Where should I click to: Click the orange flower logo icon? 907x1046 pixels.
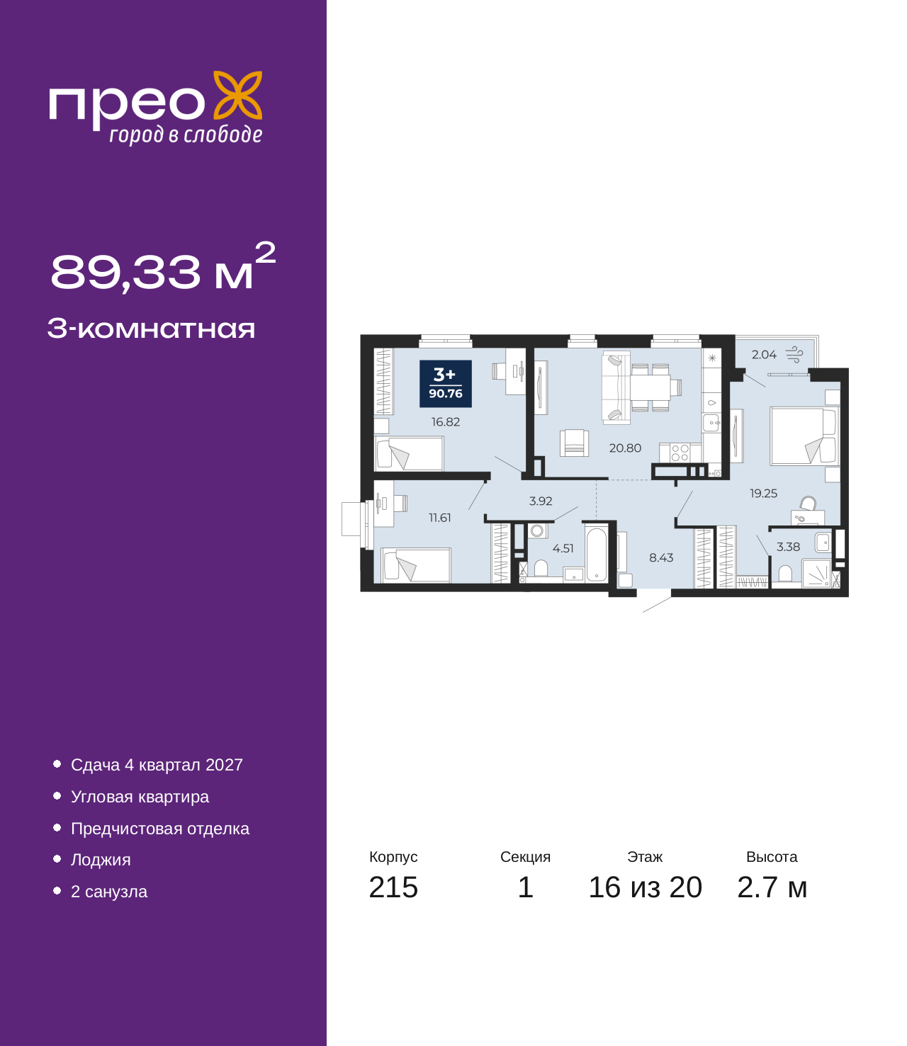(x=237, y=96)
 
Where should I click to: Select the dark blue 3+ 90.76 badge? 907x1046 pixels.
(x=446, y=384)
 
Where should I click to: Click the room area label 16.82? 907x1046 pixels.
(x=446, y=422)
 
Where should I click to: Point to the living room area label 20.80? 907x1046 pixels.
(x=625, y=448)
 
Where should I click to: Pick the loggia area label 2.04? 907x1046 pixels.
(x=764, y=355)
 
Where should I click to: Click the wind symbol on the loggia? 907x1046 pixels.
(x=794, y=355)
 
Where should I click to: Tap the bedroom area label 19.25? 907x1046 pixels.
(x=763, y=494)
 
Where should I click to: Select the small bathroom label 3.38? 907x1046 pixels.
(x=788, y=547)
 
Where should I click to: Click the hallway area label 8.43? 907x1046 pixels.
(x=661, y=557)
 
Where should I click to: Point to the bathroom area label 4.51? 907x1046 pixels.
(x=563, y=549)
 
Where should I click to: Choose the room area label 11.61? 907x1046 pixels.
(x=439, y=518)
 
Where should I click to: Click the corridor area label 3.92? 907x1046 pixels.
(x=541, y=501)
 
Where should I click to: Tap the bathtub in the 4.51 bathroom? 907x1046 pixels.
(x=596, y=554)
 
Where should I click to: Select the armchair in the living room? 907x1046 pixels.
(x=574, y=443)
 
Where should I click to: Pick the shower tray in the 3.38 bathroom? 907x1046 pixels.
(x=816, y=574)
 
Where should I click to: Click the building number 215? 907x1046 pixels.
(x=393, y=887)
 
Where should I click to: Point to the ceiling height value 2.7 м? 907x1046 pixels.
(x=772, y=887)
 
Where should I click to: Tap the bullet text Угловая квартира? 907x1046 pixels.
(x=140, y=797)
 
